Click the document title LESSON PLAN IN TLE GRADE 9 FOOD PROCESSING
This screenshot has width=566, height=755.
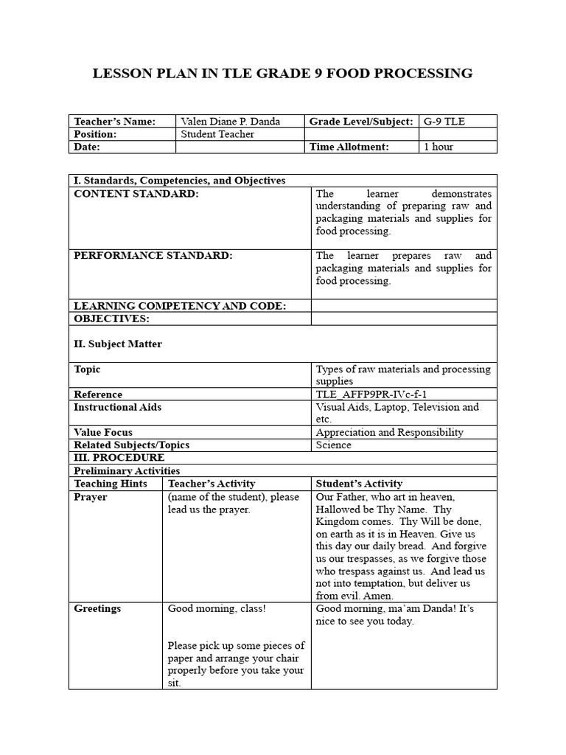(282, 73)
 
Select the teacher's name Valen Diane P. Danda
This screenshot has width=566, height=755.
(230, 121)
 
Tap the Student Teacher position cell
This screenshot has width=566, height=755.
(217, 134)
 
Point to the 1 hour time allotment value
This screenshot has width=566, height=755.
(439, 147)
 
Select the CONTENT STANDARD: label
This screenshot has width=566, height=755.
(136, 194)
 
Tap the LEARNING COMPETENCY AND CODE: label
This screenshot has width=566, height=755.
(179, 306)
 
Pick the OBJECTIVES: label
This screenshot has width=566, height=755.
(111, 319)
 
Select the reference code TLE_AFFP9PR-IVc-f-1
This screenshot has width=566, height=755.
(371, 394)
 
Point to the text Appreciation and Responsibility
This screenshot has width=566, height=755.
(389, 432)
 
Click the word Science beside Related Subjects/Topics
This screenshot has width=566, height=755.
(333, 445)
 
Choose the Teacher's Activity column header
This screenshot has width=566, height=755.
(212, 484)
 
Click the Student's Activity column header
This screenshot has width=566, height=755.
(359, 484)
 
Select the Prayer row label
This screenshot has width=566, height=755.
(91, 497)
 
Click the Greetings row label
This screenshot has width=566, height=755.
(97, 609)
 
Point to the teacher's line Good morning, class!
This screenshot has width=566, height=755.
(217, 609)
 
